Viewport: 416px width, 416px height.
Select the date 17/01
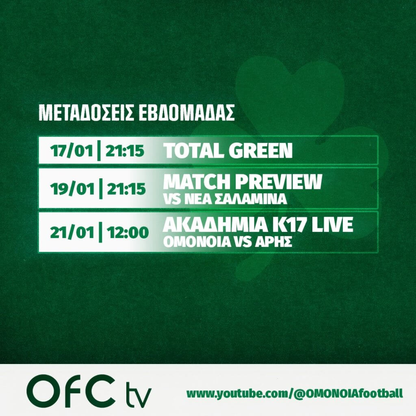coord(72,151)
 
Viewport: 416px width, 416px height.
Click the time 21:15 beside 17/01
coord(125,151)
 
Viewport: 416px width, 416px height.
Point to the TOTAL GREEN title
coord(227,150)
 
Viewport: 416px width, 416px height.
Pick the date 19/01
coord(72,189)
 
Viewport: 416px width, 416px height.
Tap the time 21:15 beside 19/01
coord(126,189)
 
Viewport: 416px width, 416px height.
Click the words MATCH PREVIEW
coord(243,182)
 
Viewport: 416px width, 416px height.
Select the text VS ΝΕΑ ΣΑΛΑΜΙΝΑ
coord(225,199)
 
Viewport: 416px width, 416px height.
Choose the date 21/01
coord(72,233)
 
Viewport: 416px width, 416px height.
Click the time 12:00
coord(128,232)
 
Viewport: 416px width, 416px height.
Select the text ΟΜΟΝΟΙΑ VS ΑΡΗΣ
coord(227,242)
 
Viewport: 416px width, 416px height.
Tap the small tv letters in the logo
coord(138,394)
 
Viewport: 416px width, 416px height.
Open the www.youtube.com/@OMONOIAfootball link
coord(295,393)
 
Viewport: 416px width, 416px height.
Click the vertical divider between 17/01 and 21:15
coord(99,151)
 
